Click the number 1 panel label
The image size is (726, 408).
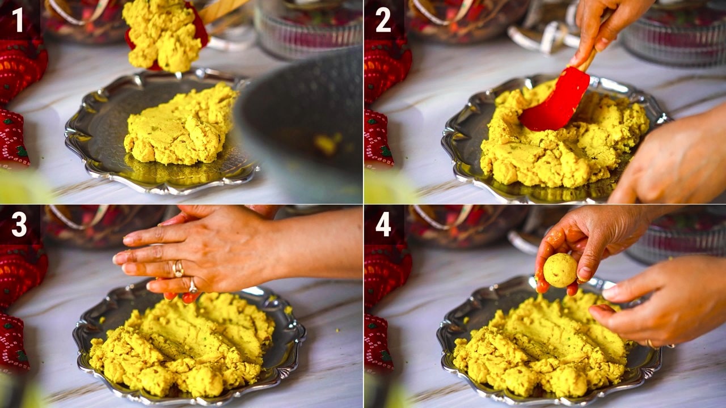pyautogui.click(x=18, y=20)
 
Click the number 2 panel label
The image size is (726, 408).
pyautogui.click(x=383, y=20)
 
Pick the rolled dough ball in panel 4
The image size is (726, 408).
pyautogui.click(x=560, y=270)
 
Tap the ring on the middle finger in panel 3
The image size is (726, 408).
pyautogui.click(x=178, y=269)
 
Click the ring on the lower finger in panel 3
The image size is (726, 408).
pyautogui.click(x=193, y=286)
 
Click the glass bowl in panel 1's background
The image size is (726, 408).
pyautogui.click(x=309, y=29)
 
